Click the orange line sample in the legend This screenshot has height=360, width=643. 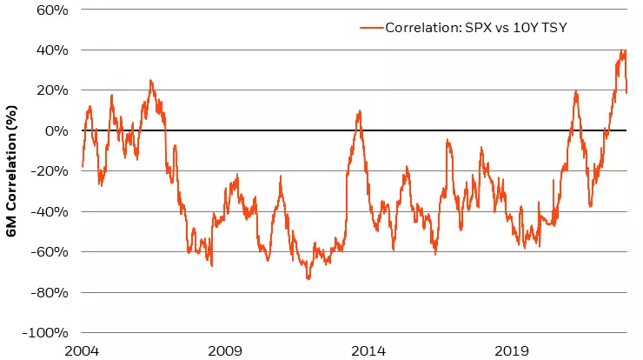click(x=371, y=27)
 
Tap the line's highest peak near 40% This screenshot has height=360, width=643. click(x=621, y=50)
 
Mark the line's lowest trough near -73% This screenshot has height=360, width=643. click(x=308, y=278)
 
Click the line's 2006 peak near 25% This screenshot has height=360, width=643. click(x=150, y=81)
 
